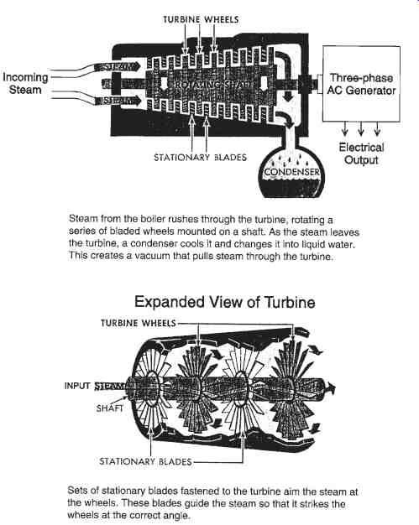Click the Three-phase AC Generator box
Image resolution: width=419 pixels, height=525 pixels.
pyautogui.click(x=361, y=84)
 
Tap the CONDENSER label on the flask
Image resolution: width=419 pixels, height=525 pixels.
pyautogui.click(x=291, y=172)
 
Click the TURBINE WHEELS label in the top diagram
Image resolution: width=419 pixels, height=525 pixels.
pyautogui.click(x=201, y=19)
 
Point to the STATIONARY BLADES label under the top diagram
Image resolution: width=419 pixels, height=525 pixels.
pyautogui.click(x=200, y=158)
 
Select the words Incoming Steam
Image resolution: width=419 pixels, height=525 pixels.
pyautogui.click(x=25, y=84)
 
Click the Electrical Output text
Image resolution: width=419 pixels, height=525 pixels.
pyautogui.click(x=361, y=153)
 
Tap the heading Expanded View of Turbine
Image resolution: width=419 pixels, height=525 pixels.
pyautogui.click(x=224, y=302)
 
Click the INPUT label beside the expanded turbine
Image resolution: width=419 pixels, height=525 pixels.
pyautogui.click(x=77, y=386)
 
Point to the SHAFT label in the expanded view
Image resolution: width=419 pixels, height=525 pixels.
pyautogui.click(x=110, y=408)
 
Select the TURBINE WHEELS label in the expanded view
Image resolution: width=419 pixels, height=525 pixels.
pyautogui.click(x=138, y=323)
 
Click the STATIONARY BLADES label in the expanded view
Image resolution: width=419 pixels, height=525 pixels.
pyautogui.click(x=145, y=461)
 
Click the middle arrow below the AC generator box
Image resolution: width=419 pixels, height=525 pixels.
pyautogui.click(x=361, y=128)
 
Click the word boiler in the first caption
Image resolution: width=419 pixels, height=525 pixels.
pyautogui.click(x=153, y=219)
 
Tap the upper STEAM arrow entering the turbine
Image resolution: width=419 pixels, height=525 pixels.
pyautogui.click(x=117, y=66)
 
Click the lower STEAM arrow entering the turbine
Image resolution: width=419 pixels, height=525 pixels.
pyautogui.click(x=118, y=100)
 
